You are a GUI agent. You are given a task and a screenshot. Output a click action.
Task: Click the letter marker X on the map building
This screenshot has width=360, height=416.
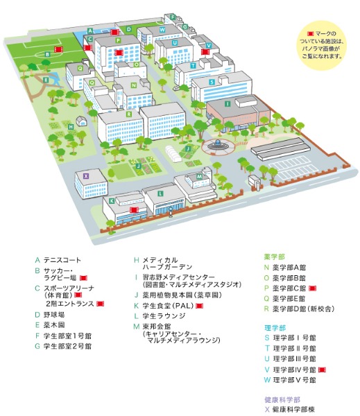point(85,176)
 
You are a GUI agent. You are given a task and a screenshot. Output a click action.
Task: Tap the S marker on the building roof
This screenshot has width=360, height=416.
point(212,82)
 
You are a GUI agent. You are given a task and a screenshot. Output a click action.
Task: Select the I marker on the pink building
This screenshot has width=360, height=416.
point(228,104)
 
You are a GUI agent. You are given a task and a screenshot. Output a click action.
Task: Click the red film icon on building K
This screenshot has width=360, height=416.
point(135,210)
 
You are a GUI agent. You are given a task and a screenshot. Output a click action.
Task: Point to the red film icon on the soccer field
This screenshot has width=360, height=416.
point(59,49)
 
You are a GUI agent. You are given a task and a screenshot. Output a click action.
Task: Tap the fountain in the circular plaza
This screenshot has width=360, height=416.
point(218,145)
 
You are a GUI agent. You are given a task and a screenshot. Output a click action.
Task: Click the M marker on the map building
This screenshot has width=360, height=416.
point(199,176)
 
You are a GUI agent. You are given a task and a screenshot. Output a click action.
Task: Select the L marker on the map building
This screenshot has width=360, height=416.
point(160,193)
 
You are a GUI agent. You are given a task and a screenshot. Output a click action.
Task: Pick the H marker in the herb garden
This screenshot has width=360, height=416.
point(71,127)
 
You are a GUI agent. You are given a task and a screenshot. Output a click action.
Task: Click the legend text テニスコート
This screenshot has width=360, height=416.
point(62,260)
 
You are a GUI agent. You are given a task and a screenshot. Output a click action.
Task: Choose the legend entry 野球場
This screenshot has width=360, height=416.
point(54,315)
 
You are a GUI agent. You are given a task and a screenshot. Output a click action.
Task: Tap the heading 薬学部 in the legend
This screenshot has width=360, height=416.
point(275,257)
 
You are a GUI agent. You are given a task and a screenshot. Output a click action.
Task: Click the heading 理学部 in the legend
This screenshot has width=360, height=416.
point(275,328)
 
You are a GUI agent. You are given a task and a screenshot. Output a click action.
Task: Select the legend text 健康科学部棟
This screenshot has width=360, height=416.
point(294,409)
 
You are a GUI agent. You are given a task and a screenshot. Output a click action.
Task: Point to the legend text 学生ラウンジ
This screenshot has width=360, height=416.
point(164,316)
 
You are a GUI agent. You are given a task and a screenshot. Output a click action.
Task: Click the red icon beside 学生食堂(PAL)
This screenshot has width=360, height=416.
point(199,306)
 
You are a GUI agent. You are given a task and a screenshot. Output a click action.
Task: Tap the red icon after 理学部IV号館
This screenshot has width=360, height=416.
point(322,370)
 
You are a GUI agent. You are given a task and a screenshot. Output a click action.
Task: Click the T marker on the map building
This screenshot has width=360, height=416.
point(193,66)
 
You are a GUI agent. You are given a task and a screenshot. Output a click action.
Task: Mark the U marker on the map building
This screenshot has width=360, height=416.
point(174,43)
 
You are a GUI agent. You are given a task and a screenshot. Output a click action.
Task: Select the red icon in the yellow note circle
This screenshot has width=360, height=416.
point(310,34)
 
